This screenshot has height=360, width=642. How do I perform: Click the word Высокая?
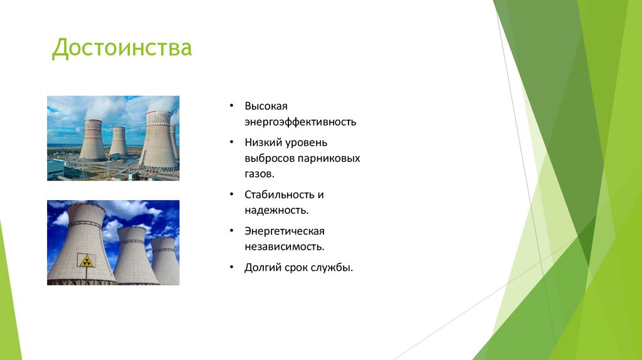click(266, 106)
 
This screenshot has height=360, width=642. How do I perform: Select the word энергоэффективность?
click(300, 122)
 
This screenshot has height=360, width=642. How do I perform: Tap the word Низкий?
click(262, 143)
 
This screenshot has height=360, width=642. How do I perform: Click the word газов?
click(260, 174)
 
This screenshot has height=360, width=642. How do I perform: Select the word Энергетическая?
click(284, 231)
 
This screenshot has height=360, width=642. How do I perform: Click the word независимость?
click(284, 247)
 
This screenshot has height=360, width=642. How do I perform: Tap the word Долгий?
click(261, 268)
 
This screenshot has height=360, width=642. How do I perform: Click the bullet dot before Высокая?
click(231, 106)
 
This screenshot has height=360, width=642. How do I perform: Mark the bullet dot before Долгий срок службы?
click(231, 268)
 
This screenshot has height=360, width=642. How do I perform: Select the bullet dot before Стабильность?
click(231, 195)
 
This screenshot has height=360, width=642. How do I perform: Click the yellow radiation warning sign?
click(85, 260)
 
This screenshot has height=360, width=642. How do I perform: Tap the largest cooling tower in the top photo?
click(157, 141)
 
